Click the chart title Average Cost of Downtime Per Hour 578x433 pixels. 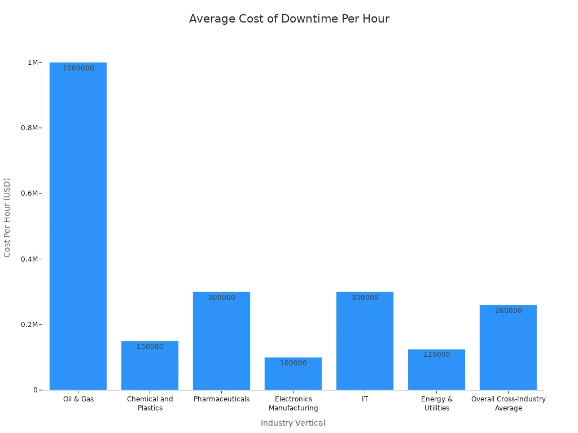tap(289, 19)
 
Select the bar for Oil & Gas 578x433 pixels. tap(78, 226)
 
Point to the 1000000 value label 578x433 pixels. tap(78, 68)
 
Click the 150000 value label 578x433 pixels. tap(150, 347)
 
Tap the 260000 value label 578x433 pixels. tap(509, 311)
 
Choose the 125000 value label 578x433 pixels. tap(437, 355)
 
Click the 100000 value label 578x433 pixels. tap(294, 363)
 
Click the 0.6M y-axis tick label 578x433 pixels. tap(30, 193)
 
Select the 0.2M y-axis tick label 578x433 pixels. tap(30, 325)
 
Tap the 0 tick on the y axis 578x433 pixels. tap(35, 390)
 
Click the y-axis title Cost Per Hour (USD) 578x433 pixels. tap(7, 218)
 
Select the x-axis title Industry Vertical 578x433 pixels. tap(293, 423)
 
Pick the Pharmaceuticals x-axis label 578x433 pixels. tap(221, 399)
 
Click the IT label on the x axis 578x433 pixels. tap(365, 399)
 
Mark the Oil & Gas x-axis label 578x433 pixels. tap(78, 399)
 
